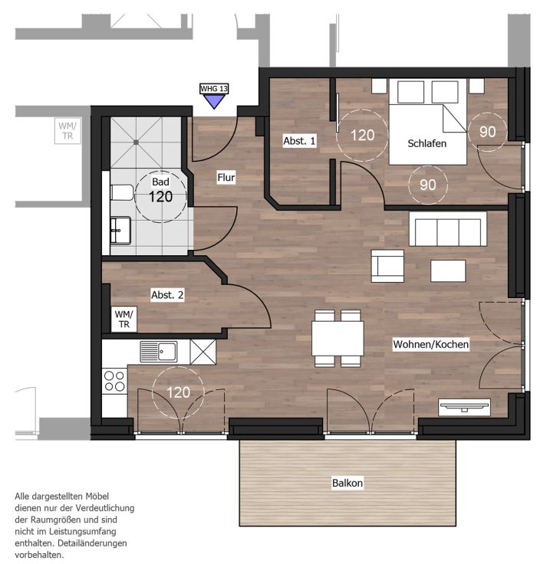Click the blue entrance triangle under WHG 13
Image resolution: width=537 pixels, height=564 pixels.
pos(214,100)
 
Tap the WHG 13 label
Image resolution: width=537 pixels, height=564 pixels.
pos(214,88)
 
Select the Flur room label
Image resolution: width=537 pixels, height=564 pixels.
pos(226,177)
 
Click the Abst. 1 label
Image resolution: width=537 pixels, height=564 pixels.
pos(299,141)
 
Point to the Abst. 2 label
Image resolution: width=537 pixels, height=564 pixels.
pos(167,295)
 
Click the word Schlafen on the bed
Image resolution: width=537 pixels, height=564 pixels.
pos(427,143)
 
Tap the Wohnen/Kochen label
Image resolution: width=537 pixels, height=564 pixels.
pos(431,344)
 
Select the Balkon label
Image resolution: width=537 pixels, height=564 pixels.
pos(348,483)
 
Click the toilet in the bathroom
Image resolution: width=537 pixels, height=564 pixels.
pos(122,192)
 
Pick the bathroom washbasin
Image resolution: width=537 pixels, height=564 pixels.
pos(120,231)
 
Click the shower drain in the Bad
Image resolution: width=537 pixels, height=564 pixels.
pos(136,143)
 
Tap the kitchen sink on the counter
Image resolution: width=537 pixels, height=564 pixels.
pos(159,352)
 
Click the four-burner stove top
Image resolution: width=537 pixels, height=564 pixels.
pos(114,382)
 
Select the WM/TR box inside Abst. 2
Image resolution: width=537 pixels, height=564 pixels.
pos(124,320)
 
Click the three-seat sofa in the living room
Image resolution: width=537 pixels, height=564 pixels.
pos(448,229)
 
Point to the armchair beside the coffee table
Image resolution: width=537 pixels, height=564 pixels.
pos(387,266)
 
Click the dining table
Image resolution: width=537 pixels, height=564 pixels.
pos(338,339)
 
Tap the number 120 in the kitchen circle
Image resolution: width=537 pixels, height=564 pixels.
pos(178,392)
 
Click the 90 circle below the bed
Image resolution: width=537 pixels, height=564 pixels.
pos(428,185)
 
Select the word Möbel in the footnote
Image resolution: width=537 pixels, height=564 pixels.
pos(97,497)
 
